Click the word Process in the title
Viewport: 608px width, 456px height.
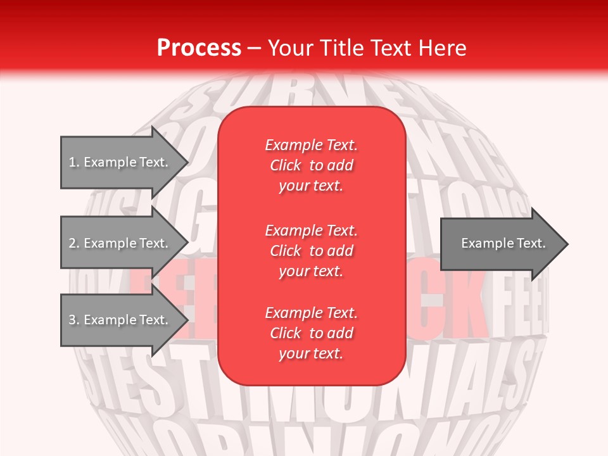tap(199, 48)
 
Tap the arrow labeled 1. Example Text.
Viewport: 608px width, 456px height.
tap(120, 162)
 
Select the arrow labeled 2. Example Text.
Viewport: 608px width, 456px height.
tap(120, 243)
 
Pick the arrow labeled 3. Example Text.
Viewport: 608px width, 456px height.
tap(120, 320)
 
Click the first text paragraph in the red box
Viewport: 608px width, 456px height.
tap(311, 165)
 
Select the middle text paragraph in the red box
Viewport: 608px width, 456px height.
tap(311, 251)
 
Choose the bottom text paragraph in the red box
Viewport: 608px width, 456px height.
tap(311, 333)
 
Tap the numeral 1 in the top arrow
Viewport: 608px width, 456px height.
tap(72, 162)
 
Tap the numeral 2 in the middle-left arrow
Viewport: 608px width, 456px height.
tap(72, 243)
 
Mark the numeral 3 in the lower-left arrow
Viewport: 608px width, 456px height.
tap(72, 320)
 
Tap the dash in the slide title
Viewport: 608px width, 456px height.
tap(255, 48)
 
